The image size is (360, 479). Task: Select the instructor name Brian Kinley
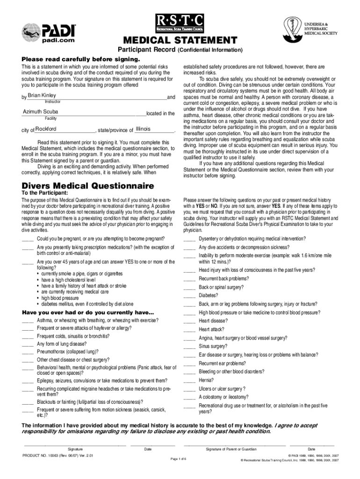(42, 95)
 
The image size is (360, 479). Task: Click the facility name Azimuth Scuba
(41, 112)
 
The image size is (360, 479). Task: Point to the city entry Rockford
(46, 129)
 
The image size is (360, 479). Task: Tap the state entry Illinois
(143, 129)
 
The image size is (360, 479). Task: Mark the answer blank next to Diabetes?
(189, 296)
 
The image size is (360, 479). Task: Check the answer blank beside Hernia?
(189, 380)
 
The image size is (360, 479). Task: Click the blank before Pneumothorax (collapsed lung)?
(28, 352)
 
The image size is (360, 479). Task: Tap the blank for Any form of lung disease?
(28, 344)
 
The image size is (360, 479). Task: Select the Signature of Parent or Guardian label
(231, 450)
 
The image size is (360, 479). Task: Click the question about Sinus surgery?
(213, 346)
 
